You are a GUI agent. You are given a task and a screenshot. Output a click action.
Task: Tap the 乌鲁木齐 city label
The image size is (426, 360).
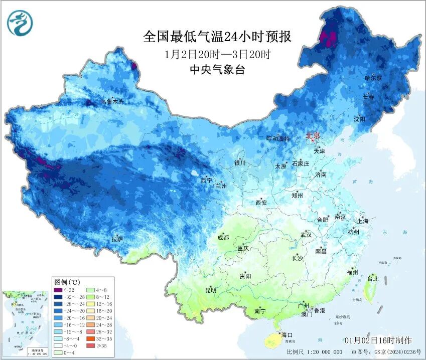[x=111, y=101]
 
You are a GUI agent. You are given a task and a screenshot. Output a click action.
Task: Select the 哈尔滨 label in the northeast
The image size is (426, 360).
[x=373, y=78]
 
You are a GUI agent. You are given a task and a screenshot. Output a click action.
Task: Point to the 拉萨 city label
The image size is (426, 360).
[x=117, y=239]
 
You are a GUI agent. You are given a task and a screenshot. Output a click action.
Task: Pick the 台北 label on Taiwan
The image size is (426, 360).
[x=372, y=278]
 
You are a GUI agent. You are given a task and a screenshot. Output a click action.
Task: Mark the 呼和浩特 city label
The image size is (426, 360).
[x=277, y=139]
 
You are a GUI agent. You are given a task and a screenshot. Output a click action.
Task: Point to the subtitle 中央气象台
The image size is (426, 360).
[x=217, y=70]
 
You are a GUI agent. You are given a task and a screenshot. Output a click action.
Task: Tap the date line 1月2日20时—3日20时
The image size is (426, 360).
[x=217, y=54]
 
